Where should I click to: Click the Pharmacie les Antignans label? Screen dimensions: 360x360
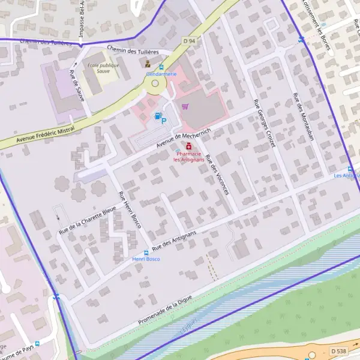click(x=189, y=157)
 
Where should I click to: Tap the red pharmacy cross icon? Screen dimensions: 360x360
click(x=189, y=146)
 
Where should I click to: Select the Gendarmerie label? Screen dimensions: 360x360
click(x=161, y=74)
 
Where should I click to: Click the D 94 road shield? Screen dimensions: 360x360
click(x=189, y=41)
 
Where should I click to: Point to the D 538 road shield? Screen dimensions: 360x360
click(x=338, y=350)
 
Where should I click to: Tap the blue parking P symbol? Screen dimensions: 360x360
click(x=164, y=121)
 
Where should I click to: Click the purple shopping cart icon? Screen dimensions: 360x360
click(x=185, y=107)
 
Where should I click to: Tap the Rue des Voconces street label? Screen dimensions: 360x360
click(x=217, y=175)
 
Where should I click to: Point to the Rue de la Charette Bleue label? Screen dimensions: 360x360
click(x=88, y=220)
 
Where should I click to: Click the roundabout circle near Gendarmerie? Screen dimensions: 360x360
click(x=155, y=85)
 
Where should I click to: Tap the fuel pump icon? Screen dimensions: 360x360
click(x=157, y=116)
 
